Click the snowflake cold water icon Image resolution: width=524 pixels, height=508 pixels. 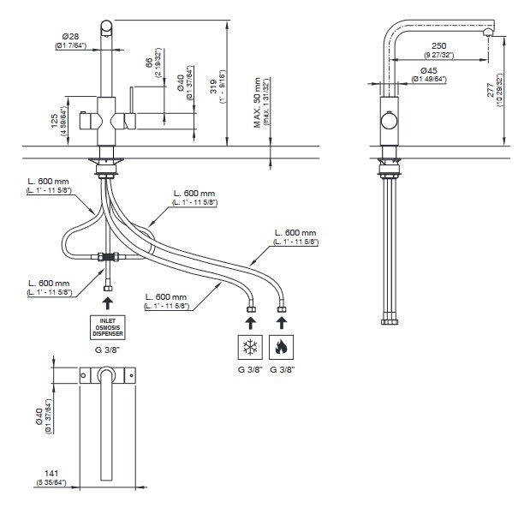pyautogui.click(x=250, y=348)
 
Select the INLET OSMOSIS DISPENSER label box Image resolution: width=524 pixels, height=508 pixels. pyautogui.click(x=106, y=328)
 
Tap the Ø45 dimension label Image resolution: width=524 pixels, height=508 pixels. pyautogui.click(x=430, y=70)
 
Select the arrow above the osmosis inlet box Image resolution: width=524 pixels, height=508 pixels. pyautogui.click(x=106, y=302)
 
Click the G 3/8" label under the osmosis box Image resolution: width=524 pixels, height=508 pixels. pyautogui.click(x=106, y=350)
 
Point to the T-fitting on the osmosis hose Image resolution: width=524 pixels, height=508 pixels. pyautogui.click(x=107, y=256)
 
